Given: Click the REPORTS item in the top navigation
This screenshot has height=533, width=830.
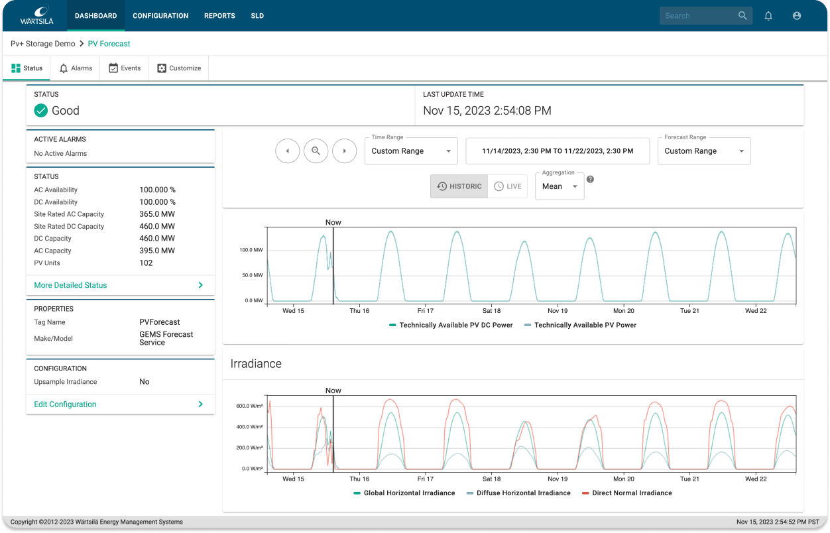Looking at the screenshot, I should point(219,16).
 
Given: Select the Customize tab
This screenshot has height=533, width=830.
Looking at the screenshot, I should point(179,68).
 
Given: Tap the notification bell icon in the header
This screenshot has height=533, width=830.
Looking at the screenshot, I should point(768,16).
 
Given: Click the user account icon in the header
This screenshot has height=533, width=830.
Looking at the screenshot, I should point(797,16).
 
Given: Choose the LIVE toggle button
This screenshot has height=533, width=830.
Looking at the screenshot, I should point(507,186).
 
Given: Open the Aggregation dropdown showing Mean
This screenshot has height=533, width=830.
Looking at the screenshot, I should point(559,186).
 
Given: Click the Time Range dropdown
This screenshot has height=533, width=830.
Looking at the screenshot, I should point(411,151).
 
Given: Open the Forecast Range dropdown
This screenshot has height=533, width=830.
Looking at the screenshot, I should point(704,151).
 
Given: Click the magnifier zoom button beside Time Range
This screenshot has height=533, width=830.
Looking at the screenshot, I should point(316,151).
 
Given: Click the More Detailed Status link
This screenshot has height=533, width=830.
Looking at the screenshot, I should point(70,285).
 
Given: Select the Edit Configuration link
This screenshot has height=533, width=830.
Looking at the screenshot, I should point(65,404).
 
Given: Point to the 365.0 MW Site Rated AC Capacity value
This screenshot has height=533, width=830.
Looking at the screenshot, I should point(157,214).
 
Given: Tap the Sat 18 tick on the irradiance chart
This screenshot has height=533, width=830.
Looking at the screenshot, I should point(491,479).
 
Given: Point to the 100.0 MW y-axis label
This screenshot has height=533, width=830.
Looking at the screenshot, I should point(251,250).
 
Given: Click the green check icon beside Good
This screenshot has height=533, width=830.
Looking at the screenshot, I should point(41,111).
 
